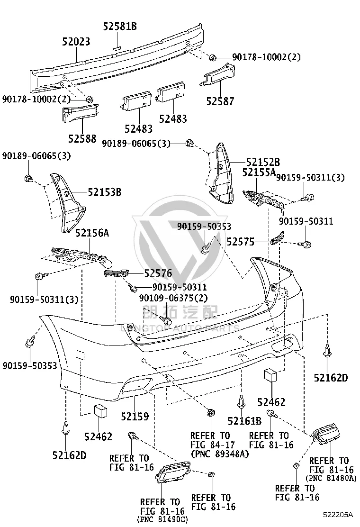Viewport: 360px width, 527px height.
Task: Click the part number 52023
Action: tap(76, 42)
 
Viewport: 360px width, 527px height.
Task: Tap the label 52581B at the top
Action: tap(120, 26)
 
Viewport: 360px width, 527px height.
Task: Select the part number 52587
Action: tap(220, 101)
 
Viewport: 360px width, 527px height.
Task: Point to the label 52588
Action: tap(82, 138)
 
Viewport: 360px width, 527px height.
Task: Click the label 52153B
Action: tap(105, 192)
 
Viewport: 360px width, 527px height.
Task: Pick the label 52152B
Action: tap(263, 163)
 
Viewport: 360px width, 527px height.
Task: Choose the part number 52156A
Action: tap(92, 233)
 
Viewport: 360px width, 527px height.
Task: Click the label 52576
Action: tap(158, 273)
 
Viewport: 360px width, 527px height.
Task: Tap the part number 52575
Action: tap(241, 242)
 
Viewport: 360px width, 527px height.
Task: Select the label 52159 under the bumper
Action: tap(135, 417)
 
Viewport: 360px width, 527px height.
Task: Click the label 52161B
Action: tap(244, 421)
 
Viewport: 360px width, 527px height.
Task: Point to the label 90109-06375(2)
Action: tap(174, 298)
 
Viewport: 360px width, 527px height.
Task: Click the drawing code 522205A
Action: tap(338, 515)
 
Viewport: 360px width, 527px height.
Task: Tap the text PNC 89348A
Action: tap(220, 454)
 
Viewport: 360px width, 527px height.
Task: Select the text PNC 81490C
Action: tap(162, 519)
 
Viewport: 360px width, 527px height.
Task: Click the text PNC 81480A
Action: tap(331, 478)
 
